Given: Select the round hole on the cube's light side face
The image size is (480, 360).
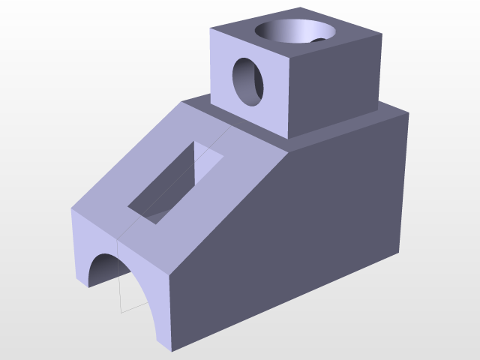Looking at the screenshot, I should click(249, 80).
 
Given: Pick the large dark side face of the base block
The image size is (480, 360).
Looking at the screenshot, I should click(300, 225).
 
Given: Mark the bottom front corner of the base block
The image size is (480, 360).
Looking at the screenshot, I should click(172, 349).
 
